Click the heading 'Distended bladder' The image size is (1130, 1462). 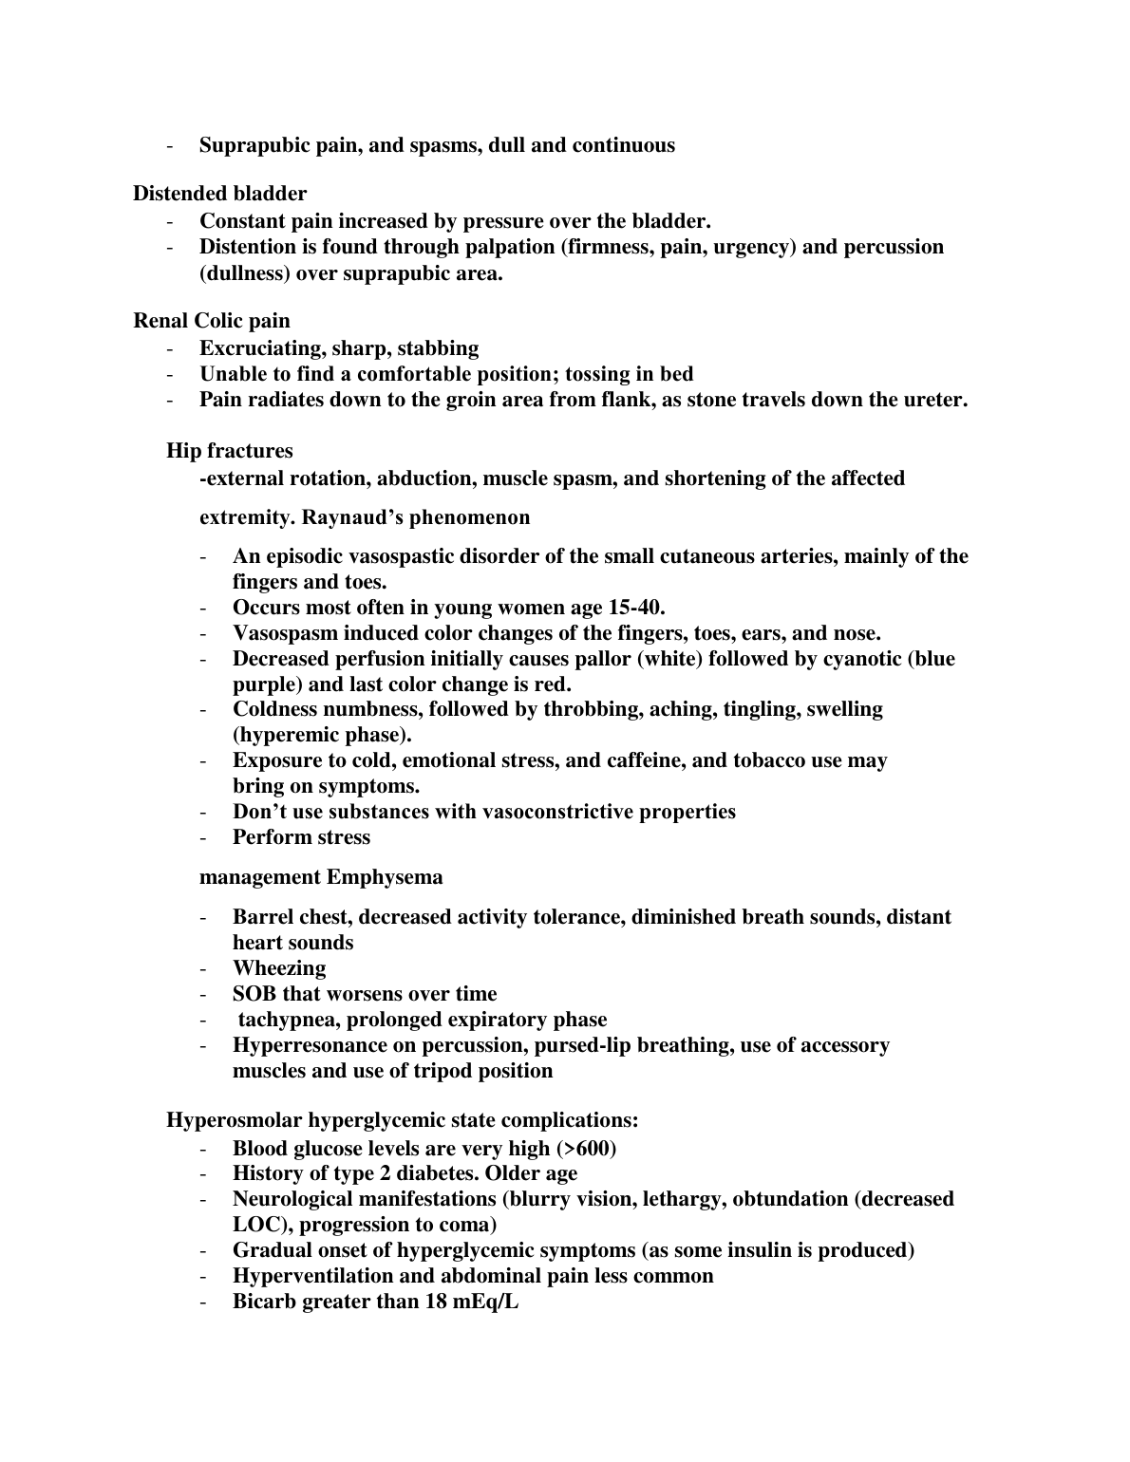[219, 194]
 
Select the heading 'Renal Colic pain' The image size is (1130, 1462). [212, 321]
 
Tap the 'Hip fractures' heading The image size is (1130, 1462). [230, 451]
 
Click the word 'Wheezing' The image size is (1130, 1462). [279, 968]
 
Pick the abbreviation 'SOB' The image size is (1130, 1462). [254, 994]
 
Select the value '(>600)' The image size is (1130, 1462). [586, 1149]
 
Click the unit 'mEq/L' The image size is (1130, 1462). [486, 1302]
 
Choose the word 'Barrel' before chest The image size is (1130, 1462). [263, 917]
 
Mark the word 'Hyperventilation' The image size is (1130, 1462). [317, 1276]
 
